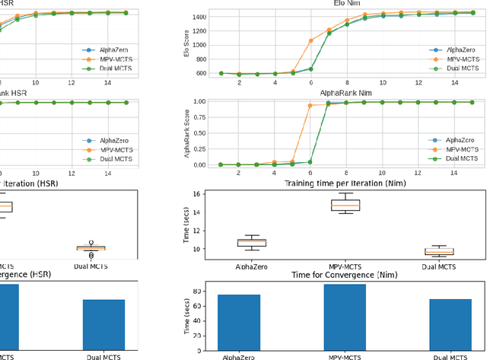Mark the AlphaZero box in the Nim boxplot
247,242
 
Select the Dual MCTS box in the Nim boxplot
439,251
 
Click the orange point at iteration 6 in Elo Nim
310,40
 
